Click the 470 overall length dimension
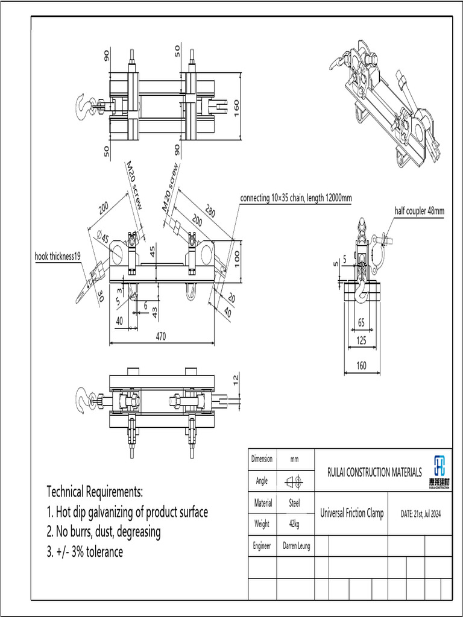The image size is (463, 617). [x=161, y=337]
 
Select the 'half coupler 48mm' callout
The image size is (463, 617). [x=419, y=211]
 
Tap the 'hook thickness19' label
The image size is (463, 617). [x=58, y=257]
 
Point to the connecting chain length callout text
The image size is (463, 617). [x=295, y=198]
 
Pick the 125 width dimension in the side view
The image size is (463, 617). [x=362, y=341]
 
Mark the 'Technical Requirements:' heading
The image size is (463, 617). [x=95, y=490]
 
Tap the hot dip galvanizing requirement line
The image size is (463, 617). [x=127, y=512]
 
